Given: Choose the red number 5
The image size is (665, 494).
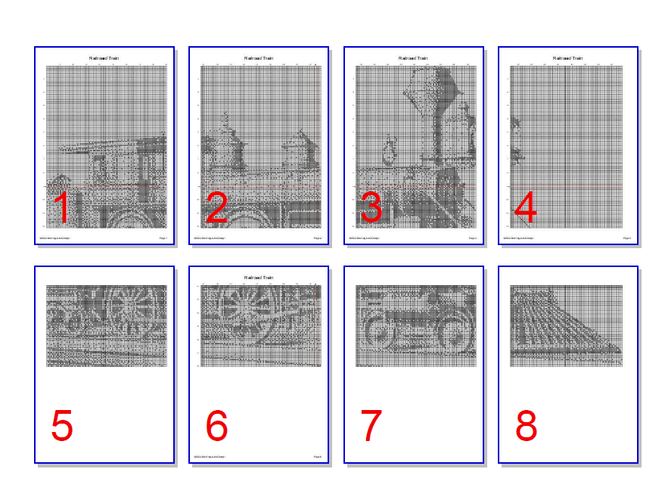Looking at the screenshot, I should tap(63, 427).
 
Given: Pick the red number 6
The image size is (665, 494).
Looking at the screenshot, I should tap(217, 427).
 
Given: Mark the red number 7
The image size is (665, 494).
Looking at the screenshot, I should tap(371, 427).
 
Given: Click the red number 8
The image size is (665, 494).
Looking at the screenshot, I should tap(526, 427).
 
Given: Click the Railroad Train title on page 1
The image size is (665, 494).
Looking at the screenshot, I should tap(104, 58).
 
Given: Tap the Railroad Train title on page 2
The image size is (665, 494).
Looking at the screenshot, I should tap(259, 58).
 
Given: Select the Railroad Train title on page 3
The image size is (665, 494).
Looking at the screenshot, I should tap(413, 58).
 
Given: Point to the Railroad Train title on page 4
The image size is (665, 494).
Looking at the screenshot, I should tap(567, 58).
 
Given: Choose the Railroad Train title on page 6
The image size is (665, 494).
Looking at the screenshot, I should tap(259, 278).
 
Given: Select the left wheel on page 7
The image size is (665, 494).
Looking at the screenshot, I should tap(378, 331).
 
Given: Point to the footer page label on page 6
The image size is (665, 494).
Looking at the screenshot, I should tap(318, 457).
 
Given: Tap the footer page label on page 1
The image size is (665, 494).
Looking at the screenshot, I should tap(163, 238).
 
